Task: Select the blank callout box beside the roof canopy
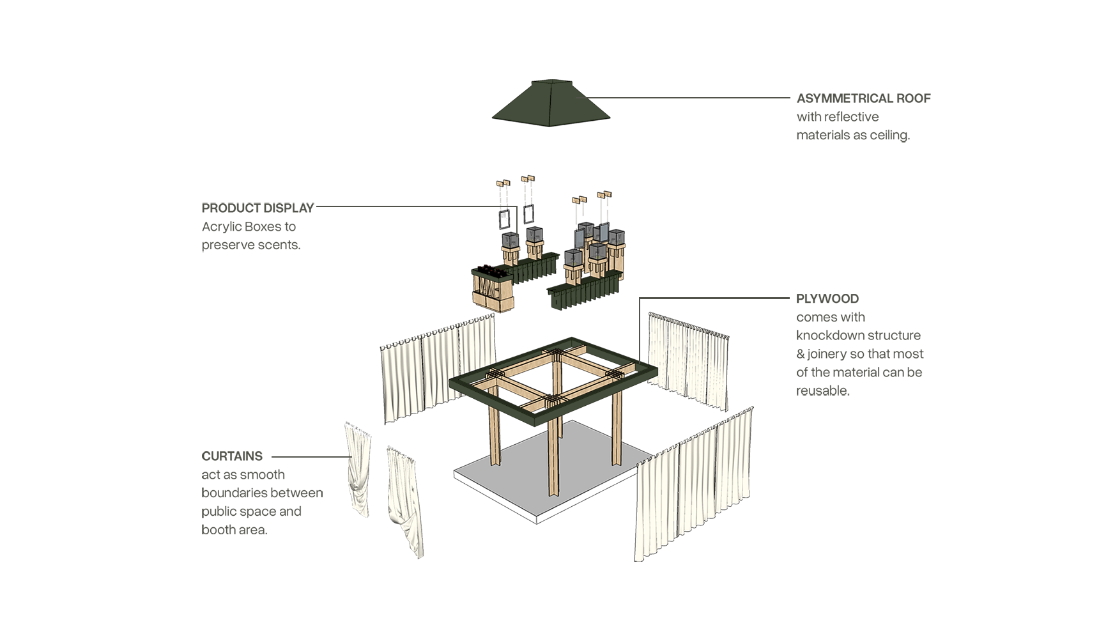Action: point(863,118)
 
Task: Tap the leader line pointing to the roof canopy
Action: point(690,98)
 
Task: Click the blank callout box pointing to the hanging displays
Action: point(257,227)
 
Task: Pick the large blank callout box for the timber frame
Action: point(859,344)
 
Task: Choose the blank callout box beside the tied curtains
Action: point(262,492)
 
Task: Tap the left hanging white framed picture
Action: point(503,219)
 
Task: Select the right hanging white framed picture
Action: point(529,213)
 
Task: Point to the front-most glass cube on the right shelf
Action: point(573,258)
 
